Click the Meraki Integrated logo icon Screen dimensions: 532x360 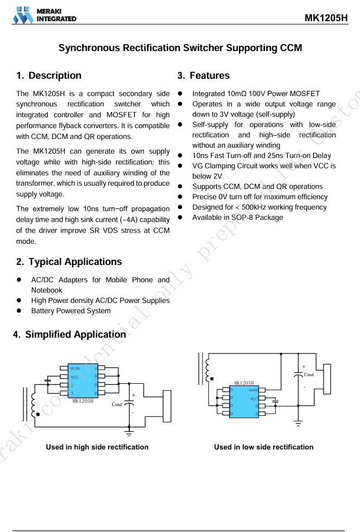point(23,15)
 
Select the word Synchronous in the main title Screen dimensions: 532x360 point(89,48)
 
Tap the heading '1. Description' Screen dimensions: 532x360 point(49,75)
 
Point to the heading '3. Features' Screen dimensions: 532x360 point(204,75)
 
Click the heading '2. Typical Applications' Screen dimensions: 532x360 point(69,262)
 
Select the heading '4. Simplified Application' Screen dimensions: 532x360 point(69,334)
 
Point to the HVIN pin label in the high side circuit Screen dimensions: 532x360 point(75,369)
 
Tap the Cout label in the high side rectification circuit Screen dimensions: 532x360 point(117,404)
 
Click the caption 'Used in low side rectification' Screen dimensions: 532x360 point(263,447)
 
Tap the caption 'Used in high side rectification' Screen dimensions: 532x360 point(97,447)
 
